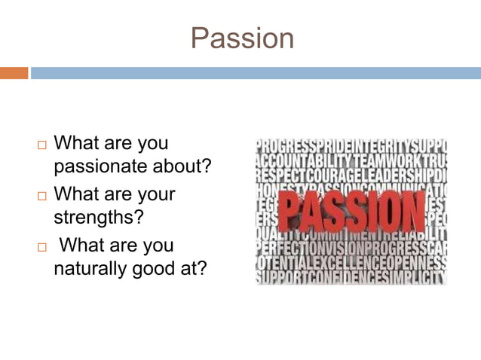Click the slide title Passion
coord(241,38)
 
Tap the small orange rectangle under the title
coord(14,73)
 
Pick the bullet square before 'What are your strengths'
coord(41,196)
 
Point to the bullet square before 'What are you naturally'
coord(41,247)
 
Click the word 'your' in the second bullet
coord(154,194)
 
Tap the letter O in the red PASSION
coord(388,211)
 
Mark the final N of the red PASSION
coord(411,211)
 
